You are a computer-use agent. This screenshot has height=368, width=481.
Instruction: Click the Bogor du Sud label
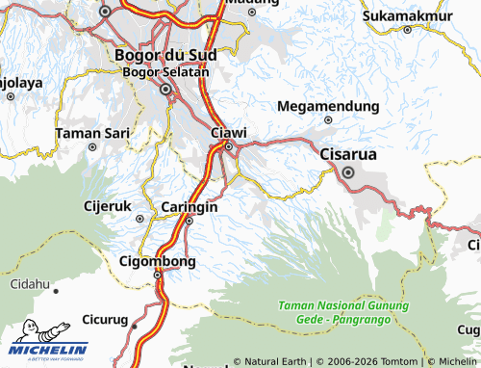[165, 55]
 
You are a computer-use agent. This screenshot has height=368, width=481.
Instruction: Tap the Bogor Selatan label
[165, 72]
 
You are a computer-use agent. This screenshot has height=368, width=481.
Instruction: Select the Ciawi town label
[228, 131]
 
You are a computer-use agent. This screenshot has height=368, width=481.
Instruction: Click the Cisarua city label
[347, 154]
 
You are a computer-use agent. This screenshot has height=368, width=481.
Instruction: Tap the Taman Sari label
[91, 133]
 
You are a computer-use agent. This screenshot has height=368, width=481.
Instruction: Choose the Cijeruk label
[107, 205]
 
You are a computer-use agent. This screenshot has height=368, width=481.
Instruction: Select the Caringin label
[189, 207]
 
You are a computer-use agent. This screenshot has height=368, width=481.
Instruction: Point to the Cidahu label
[29, 284]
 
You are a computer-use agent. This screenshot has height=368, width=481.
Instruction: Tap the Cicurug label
[105, 318]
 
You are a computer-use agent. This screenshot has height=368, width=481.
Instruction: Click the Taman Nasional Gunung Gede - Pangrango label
[343, 310]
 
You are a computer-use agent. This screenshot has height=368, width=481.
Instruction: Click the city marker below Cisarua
[347, 173]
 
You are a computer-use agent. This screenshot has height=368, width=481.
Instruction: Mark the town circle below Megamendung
[328, 120]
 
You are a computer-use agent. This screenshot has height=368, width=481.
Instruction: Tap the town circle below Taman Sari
[92, 147]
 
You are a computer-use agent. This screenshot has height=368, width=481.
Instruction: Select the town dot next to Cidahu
[56, 289]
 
